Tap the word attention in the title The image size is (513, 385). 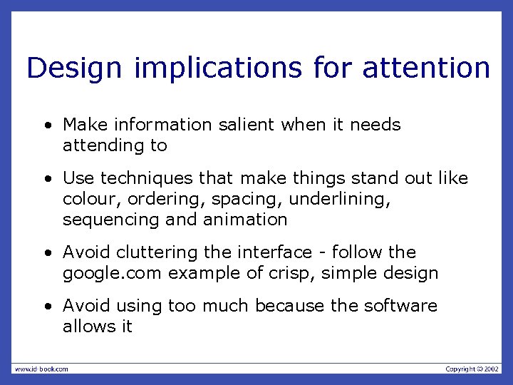tap(426, 68)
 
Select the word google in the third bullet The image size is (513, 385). tap(88, 274)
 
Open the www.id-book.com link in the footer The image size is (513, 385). tap(41, 369)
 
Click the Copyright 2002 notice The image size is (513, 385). tap(472, 369)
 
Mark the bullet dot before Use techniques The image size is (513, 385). tap(47, 178)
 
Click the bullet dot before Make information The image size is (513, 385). tap(47, 125)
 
